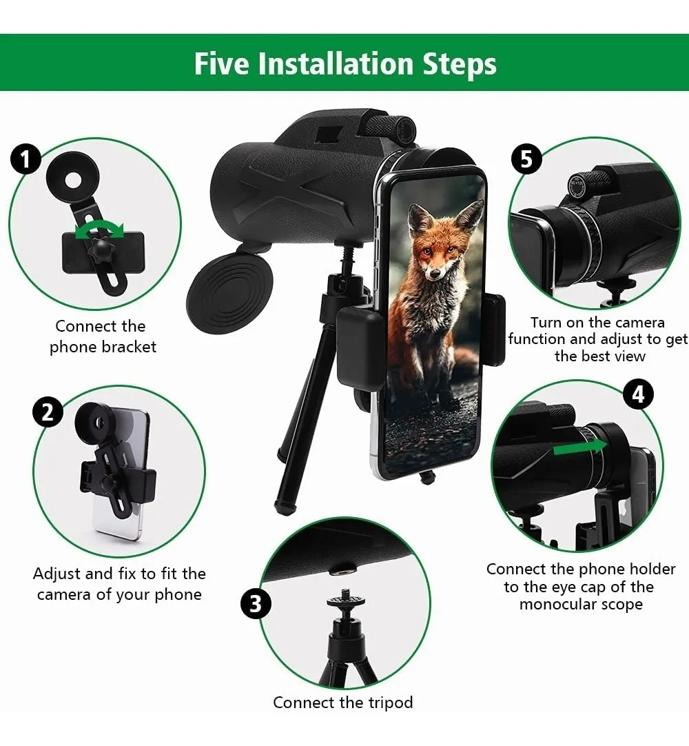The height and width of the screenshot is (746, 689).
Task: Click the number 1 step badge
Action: point(25,160)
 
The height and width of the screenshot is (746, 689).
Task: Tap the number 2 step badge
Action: point(48,412)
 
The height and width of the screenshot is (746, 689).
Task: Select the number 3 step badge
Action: point(256,604)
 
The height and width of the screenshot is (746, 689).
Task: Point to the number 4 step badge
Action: point(638,394)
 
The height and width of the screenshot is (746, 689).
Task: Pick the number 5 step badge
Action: point(526,159)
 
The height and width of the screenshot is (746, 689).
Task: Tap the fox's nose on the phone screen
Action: point(433,274)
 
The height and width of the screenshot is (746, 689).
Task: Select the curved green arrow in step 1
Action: point(100,231)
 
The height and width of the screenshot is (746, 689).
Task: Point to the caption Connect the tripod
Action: point(343,702)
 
